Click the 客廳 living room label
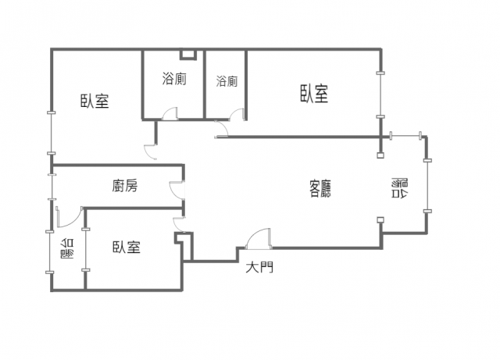click(x=320, y=187)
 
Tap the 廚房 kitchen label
click(x=125, y=186)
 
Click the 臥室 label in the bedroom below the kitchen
click(x=126, y=248)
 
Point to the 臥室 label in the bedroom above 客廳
click(x=313, y=94)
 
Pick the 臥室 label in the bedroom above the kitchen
click(x=95, y=102)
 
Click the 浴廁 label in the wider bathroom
click(x=173, y=78)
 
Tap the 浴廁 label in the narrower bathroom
click(x=227, y=80)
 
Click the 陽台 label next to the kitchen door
click(x=67, y=251)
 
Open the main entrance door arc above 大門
click(x=258, y=239)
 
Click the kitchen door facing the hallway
click(x=177, y=190)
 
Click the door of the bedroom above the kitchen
click(x=152, y=151)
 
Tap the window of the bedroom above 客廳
click(x=381, y=94)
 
